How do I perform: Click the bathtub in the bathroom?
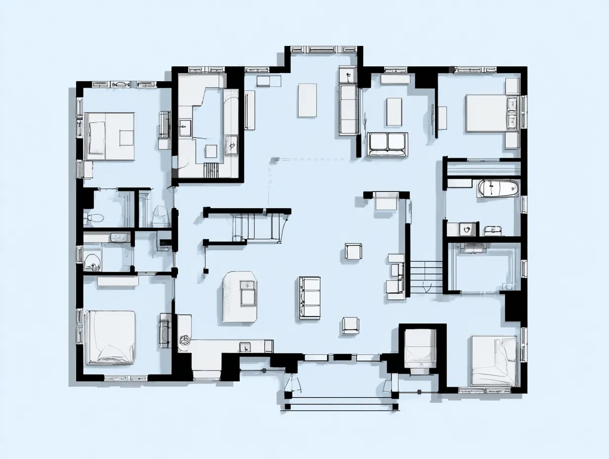(x=498, y=188)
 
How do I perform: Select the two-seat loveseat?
(x=388, y=143)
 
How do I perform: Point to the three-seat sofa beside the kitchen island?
(x=309, y=298)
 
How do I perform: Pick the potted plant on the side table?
(x=348, y=75)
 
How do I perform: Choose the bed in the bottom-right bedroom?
(x=494, y=361)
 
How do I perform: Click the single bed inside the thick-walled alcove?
(x=420, y=349)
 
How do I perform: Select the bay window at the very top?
(x=323, y=49)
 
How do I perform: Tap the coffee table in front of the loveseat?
(x=394, y=111)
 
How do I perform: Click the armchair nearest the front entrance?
(x=350, y=324)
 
